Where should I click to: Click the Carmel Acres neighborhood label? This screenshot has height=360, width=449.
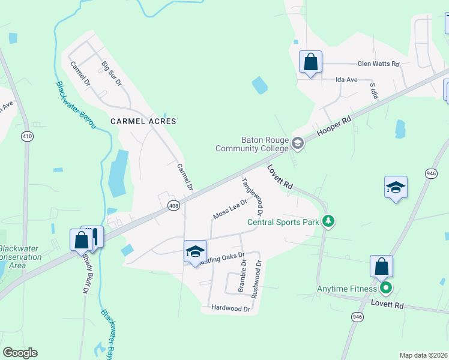click(143, 121)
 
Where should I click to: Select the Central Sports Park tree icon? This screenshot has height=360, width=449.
click(328, 222)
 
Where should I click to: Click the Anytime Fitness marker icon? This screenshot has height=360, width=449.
click(386, 289)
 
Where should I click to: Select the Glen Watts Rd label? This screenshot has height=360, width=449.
click(378, 64)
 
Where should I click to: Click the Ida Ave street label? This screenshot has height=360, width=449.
click(346, 79)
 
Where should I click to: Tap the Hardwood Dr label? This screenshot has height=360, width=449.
click(231, 308)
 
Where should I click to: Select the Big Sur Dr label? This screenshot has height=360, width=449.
click(111, 73)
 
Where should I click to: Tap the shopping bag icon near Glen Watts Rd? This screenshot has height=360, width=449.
click(310, 62)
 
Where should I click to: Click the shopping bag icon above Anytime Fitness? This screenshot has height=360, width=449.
click(381, 266)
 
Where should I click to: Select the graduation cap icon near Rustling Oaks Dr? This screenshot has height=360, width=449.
click(195, 251)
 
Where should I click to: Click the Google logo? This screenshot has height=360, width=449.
click(20, 353)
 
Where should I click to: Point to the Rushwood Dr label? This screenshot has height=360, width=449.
click(257, 279)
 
